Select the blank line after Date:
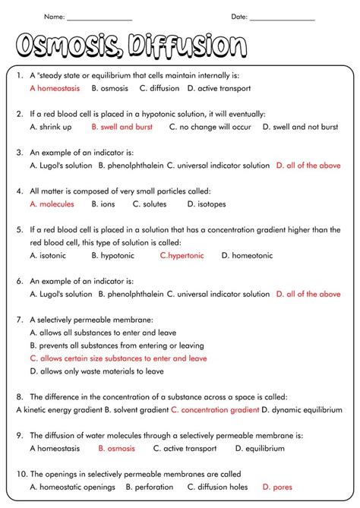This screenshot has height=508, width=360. coord(282,18)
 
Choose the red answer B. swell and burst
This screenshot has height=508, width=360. coord(122,127)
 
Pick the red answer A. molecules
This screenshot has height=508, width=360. coord(52,204)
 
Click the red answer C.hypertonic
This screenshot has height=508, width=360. coord(182,256)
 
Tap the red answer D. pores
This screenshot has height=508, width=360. coord(276,487)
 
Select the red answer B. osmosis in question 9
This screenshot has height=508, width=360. coord(116,449)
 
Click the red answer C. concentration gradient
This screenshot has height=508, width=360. coord(215,410)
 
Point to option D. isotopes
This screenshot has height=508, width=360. coord(208,204)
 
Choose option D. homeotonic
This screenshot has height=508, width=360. coord(247,256)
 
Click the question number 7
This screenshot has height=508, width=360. coord(18,320)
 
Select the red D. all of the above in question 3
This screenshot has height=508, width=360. coord(308,166)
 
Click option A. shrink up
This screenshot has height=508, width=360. coord(51,127)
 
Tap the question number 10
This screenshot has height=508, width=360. coord(19,475)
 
